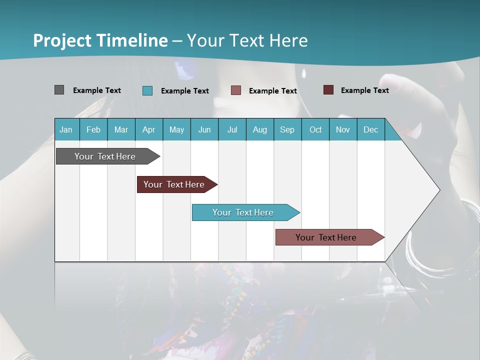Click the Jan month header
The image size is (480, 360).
(x=66, y=129)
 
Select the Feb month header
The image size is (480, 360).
(x=93, y=129)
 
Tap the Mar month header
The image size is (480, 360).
(x=121, y=129)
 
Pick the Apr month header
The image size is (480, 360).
(x=149, y=129)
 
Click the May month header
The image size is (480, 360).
(x=176, y=129)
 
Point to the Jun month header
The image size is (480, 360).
(x=204, y=129)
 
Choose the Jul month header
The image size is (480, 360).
(x=232, y=129)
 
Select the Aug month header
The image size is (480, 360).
(x=260, y=129)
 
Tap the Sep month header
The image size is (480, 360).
(x=287, y=129)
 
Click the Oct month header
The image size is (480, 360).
(x=315, y=129)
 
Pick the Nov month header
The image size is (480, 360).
(x=343, y=129)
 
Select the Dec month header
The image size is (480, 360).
(x=371, y=129)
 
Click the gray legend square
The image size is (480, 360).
(x=59, y=90)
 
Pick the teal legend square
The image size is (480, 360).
(x=147, y=90)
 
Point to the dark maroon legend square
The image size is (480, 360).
(x=328, y=90)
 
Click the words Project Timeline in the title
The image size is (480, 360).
(x=100, y=40)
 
